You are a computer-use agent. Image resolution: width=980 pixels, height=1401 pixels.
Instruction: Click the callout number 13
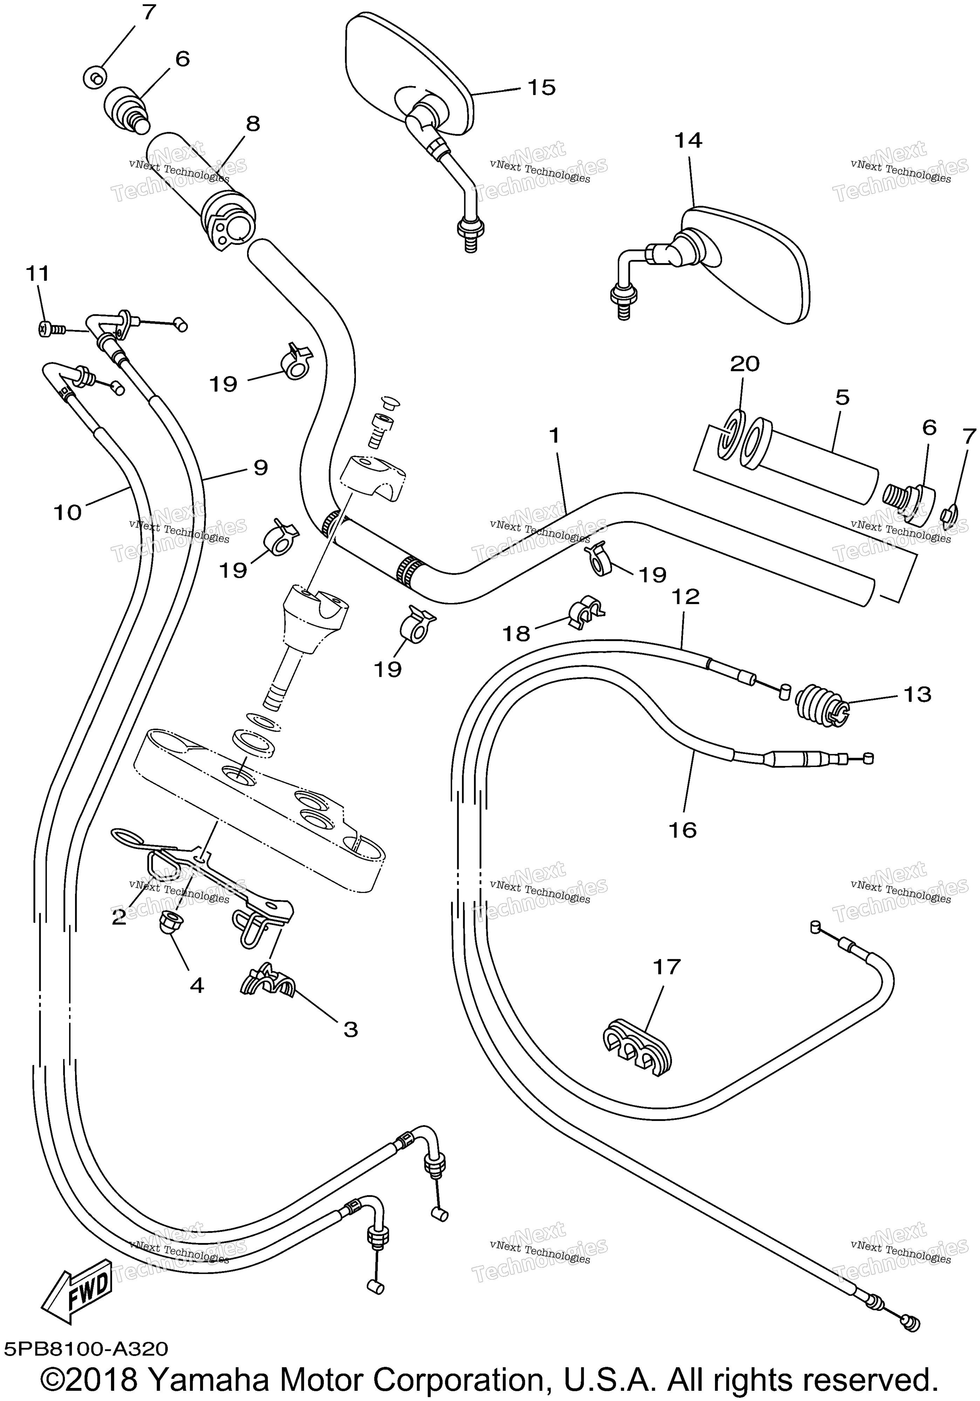(917, 695)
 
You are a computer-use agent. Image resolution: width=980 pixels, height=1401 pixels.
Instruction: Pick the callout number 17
(666, 967)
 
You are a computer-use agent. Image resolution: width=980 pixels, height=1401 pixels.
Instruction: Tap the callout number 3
(350, 1030)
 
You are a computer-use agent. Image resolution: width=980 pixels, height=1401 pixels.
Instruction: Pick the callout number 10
(68, 513)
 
